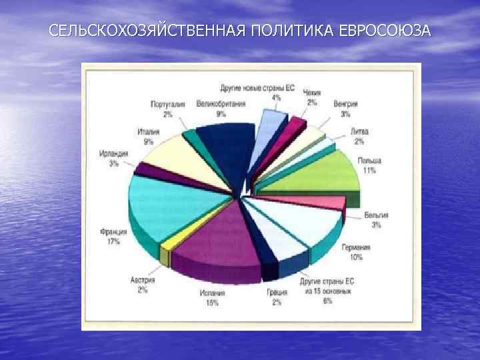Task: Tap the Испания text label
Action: pos(212,293)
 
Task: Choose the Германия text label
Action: pos(356,247)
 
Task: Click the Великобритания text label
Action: pos(221,104)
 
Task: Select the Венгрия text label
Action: pos(345,104)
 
